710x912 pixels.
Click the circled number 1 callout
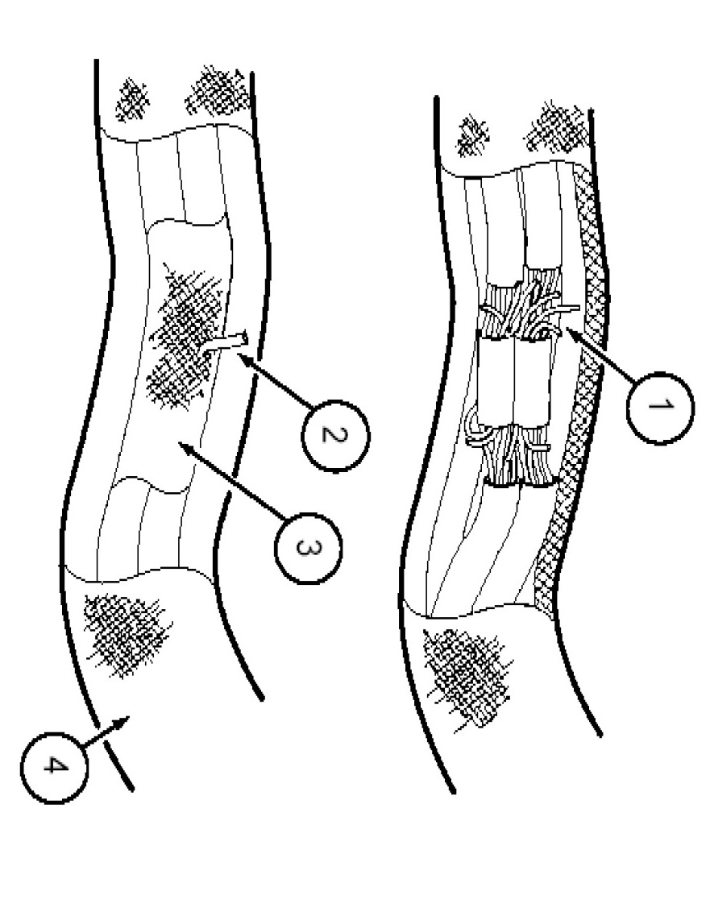660,407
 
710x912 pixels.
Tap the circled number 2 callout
334,434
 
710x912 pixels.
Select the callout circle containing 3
308,548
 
